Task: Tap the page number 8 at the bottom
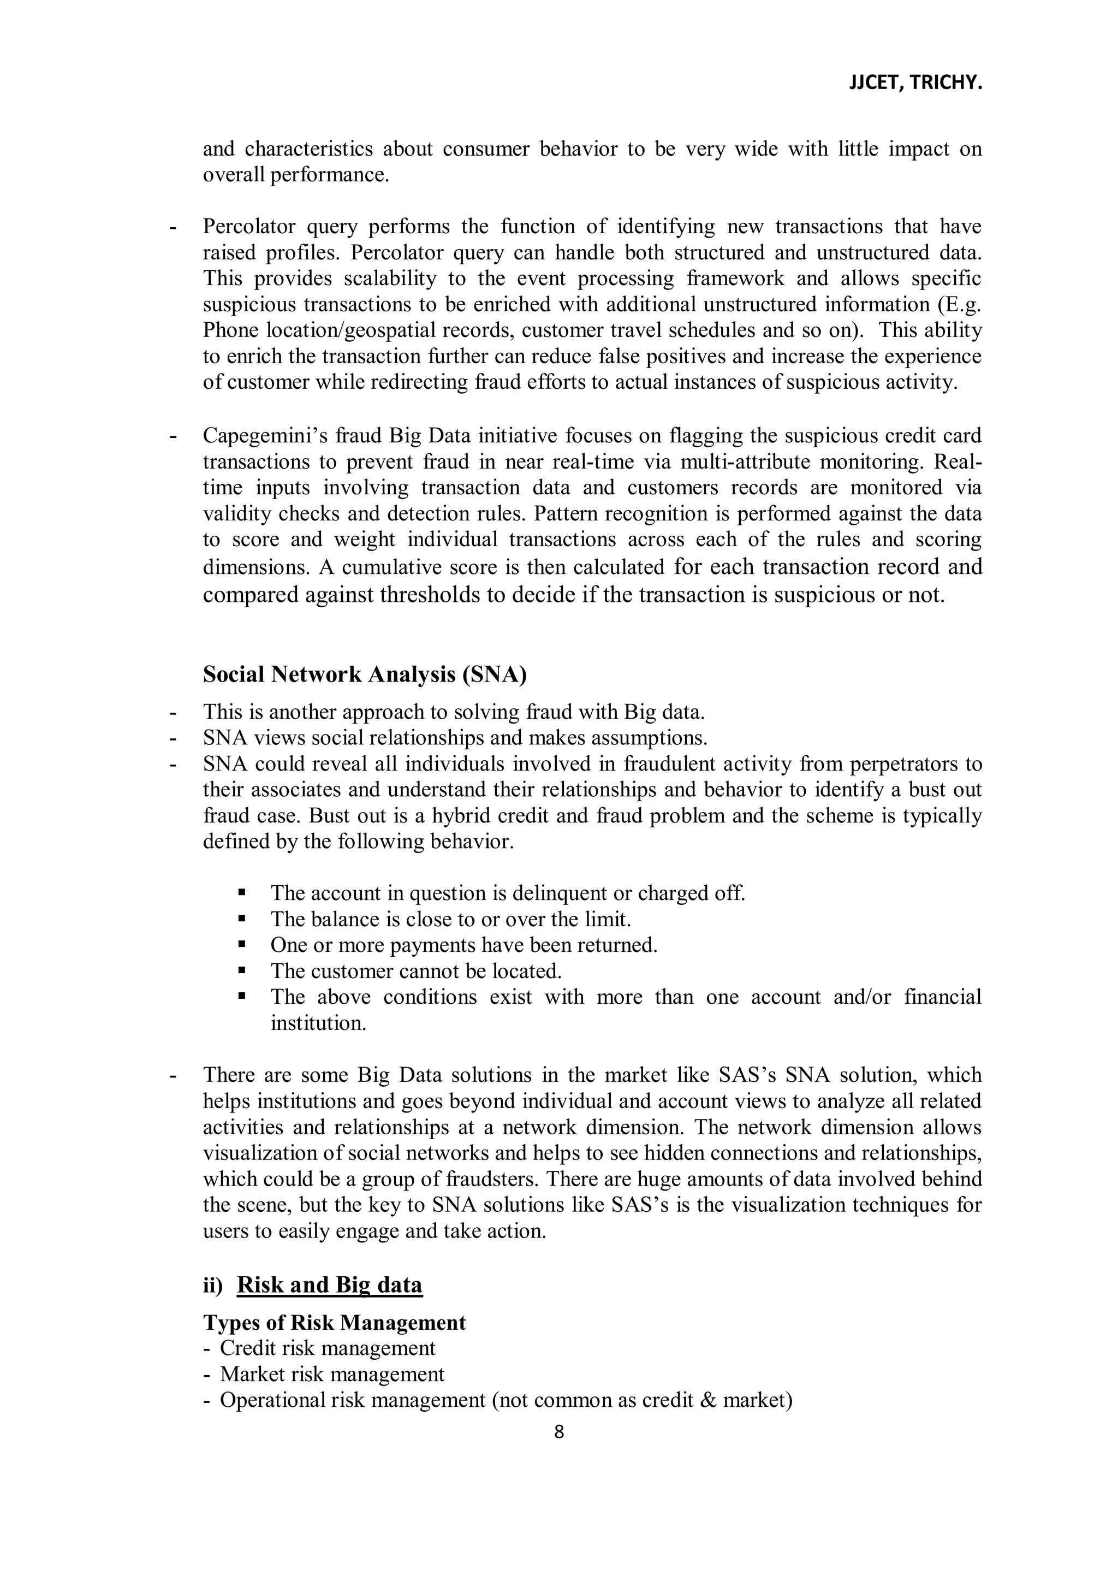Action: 558,1431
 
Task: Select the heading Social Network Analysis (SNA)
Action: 364,674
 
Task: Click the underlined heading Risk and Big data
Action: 329,1285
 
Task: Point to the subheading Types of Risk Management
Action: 334,1322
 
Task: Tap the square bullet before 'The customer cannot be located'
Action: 242,970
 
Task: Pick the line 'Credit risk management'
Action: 328,1348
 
